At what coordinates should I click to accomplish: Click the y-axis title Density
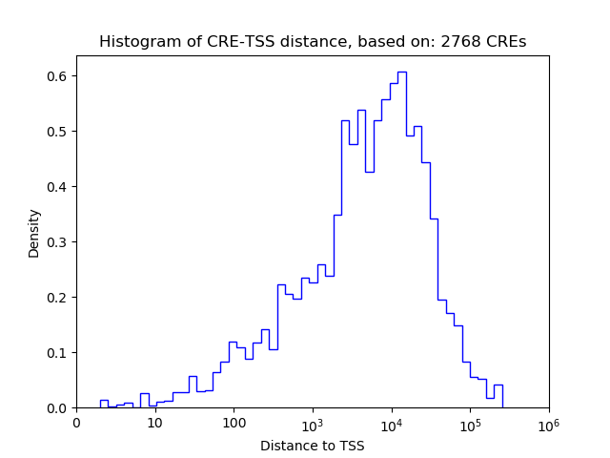click(x=34, y=233)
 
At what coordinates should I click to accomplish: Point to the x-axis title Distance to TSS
click(x=312, y=446)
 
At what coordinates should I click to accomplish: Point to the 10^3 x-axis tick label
click(x=313, y=422)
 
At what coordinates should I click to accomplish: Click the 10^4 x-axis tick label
click(x=392, y=422)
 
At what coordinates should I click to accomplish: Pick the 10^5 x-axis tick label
click(x=470, y=422)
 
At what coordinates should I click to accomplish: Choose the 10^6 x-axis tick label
click(x=549, y=422)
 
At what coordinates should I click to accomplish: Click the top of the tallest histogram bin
click(x=402, y=72)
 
